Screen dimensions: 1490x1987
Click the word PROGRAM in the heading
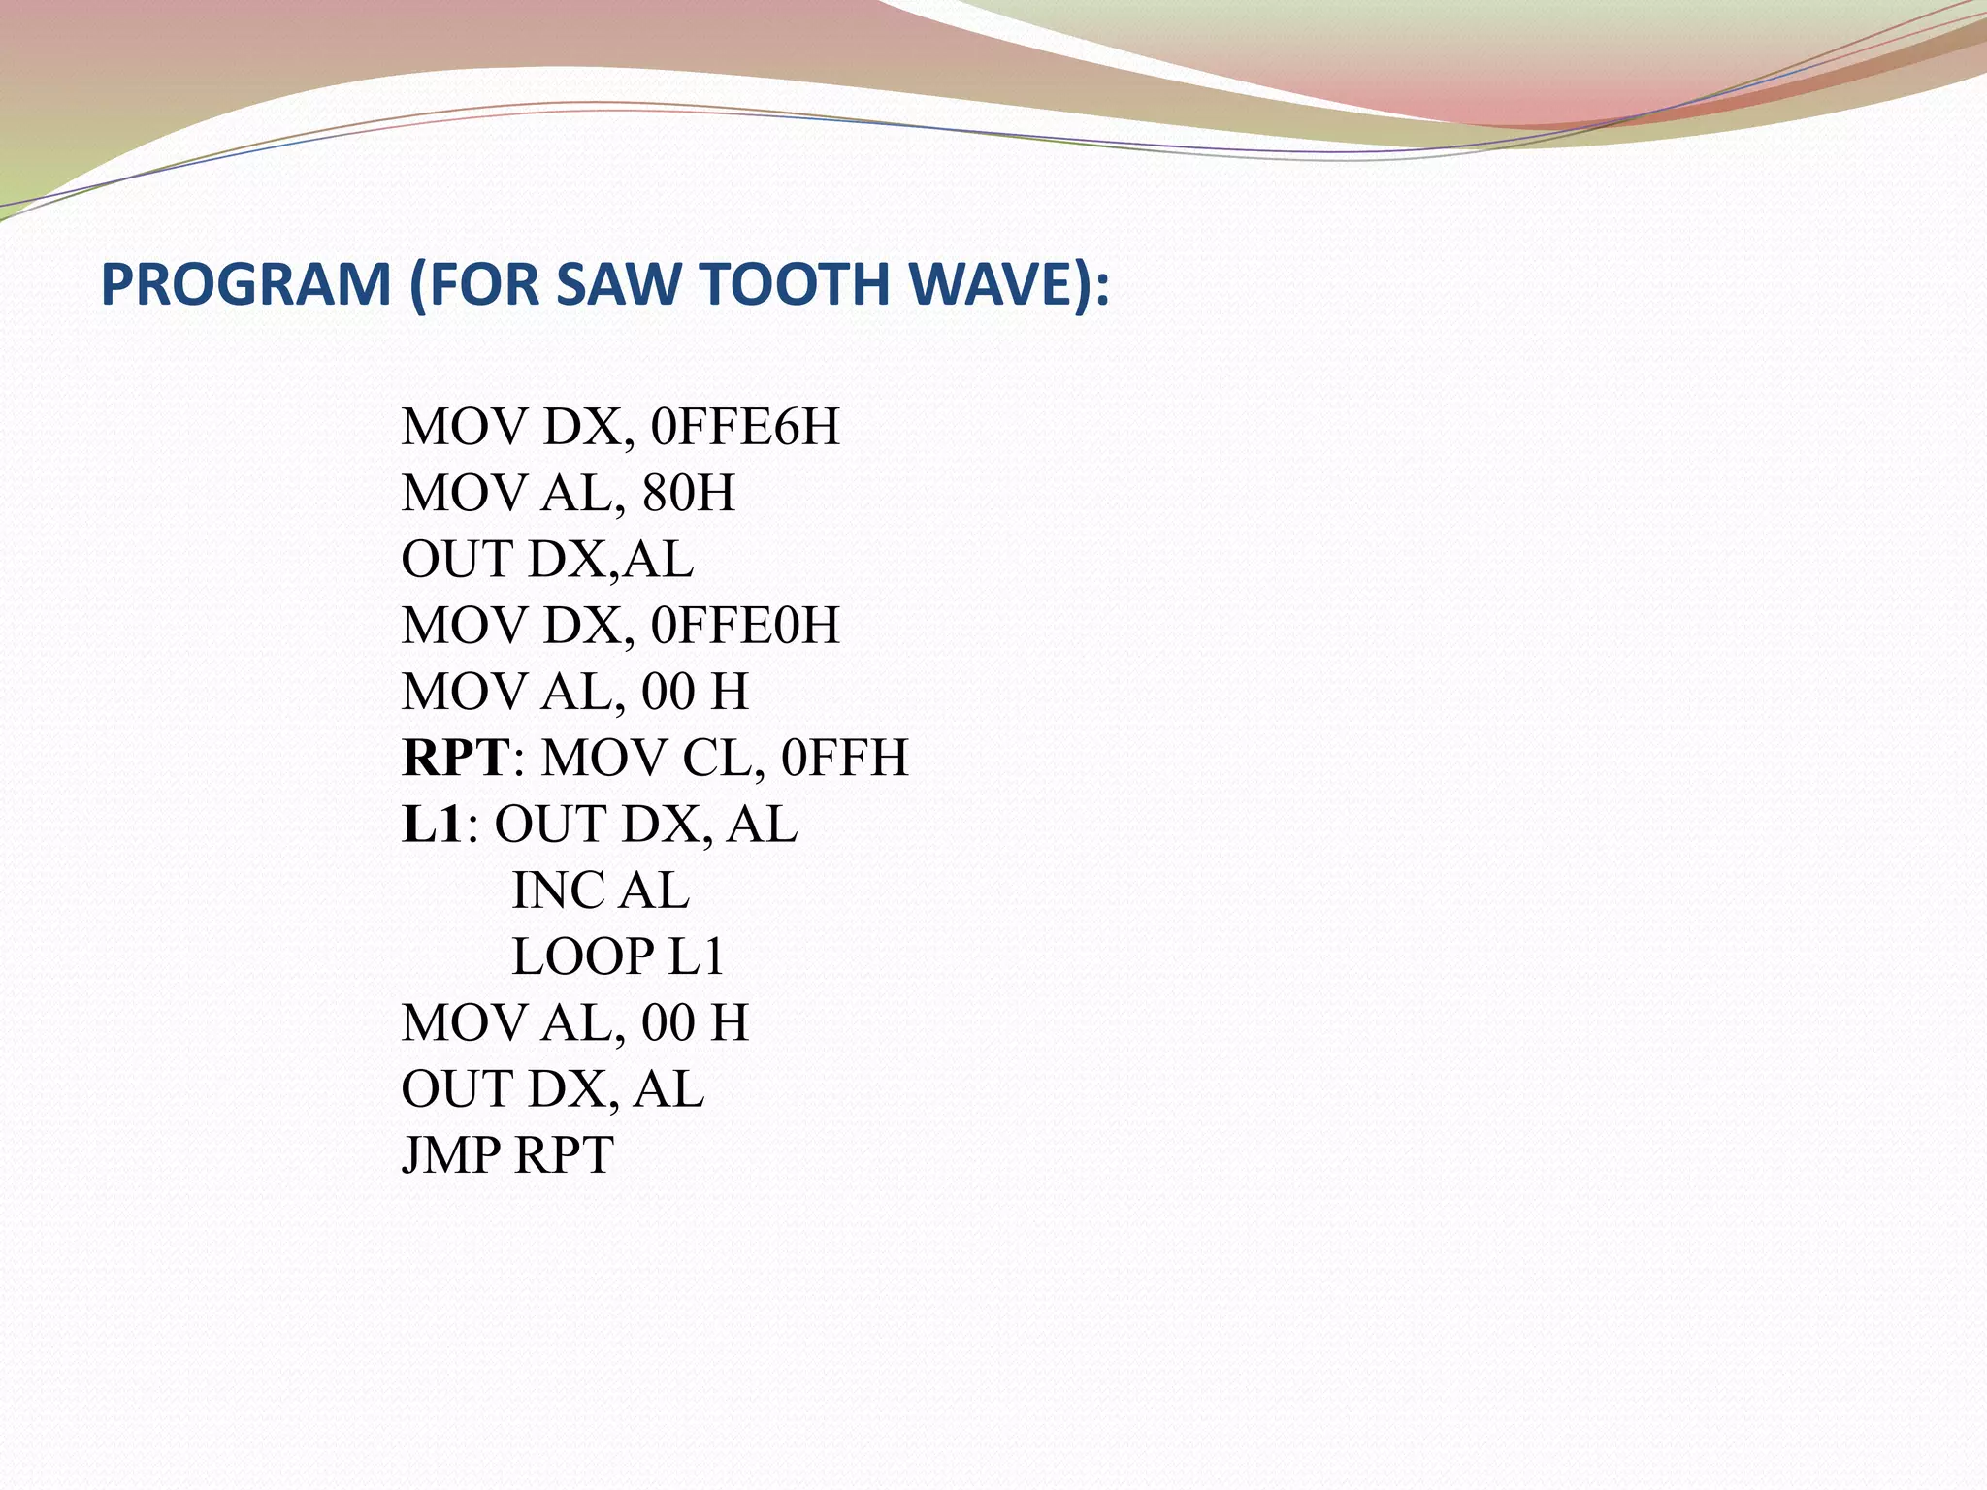pos(245,284)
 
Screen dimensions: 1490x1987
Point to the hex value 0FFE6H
pos(745,427)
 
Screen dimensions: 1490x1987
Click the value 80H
pos(688,493)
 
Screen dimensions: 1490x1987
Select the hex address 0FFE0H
pos(745,626)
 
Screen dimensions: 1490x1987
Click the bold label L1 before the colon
pos(432,825)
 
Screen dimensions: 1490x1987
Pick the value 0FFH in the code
pos(844,758)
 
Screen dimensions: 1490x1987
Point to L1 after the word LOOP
pos(697,956)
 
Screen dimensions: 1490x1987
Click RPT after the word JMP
pos(564,1155)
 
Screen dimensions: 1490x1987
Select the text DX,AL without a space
pos(611,560)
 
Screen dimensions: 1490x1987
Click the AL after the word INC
pos(654,891)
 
